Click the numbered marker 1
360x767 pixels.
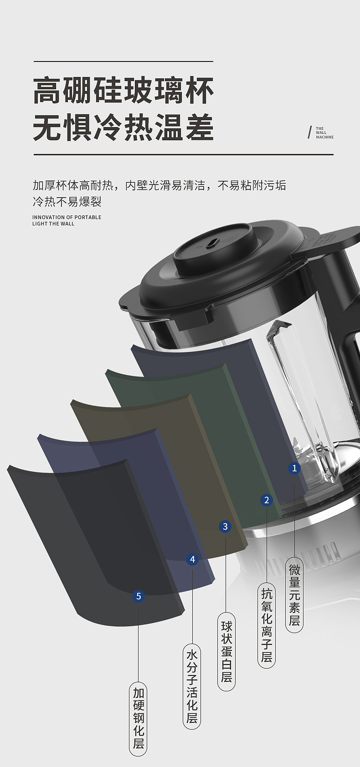point(294,468)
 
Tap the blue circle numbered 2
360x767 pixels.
point(267,500)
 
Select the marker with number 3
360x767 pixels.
point(225,527)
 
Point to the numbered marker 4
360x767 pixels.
point(192,559)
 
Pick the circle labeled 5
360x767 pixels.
point(139,596)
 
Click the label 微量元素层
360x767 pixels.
point(294,595)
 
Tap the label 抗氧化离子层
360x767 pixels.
point(267,626)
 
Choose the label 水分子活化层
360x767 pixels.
point(192,687)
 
